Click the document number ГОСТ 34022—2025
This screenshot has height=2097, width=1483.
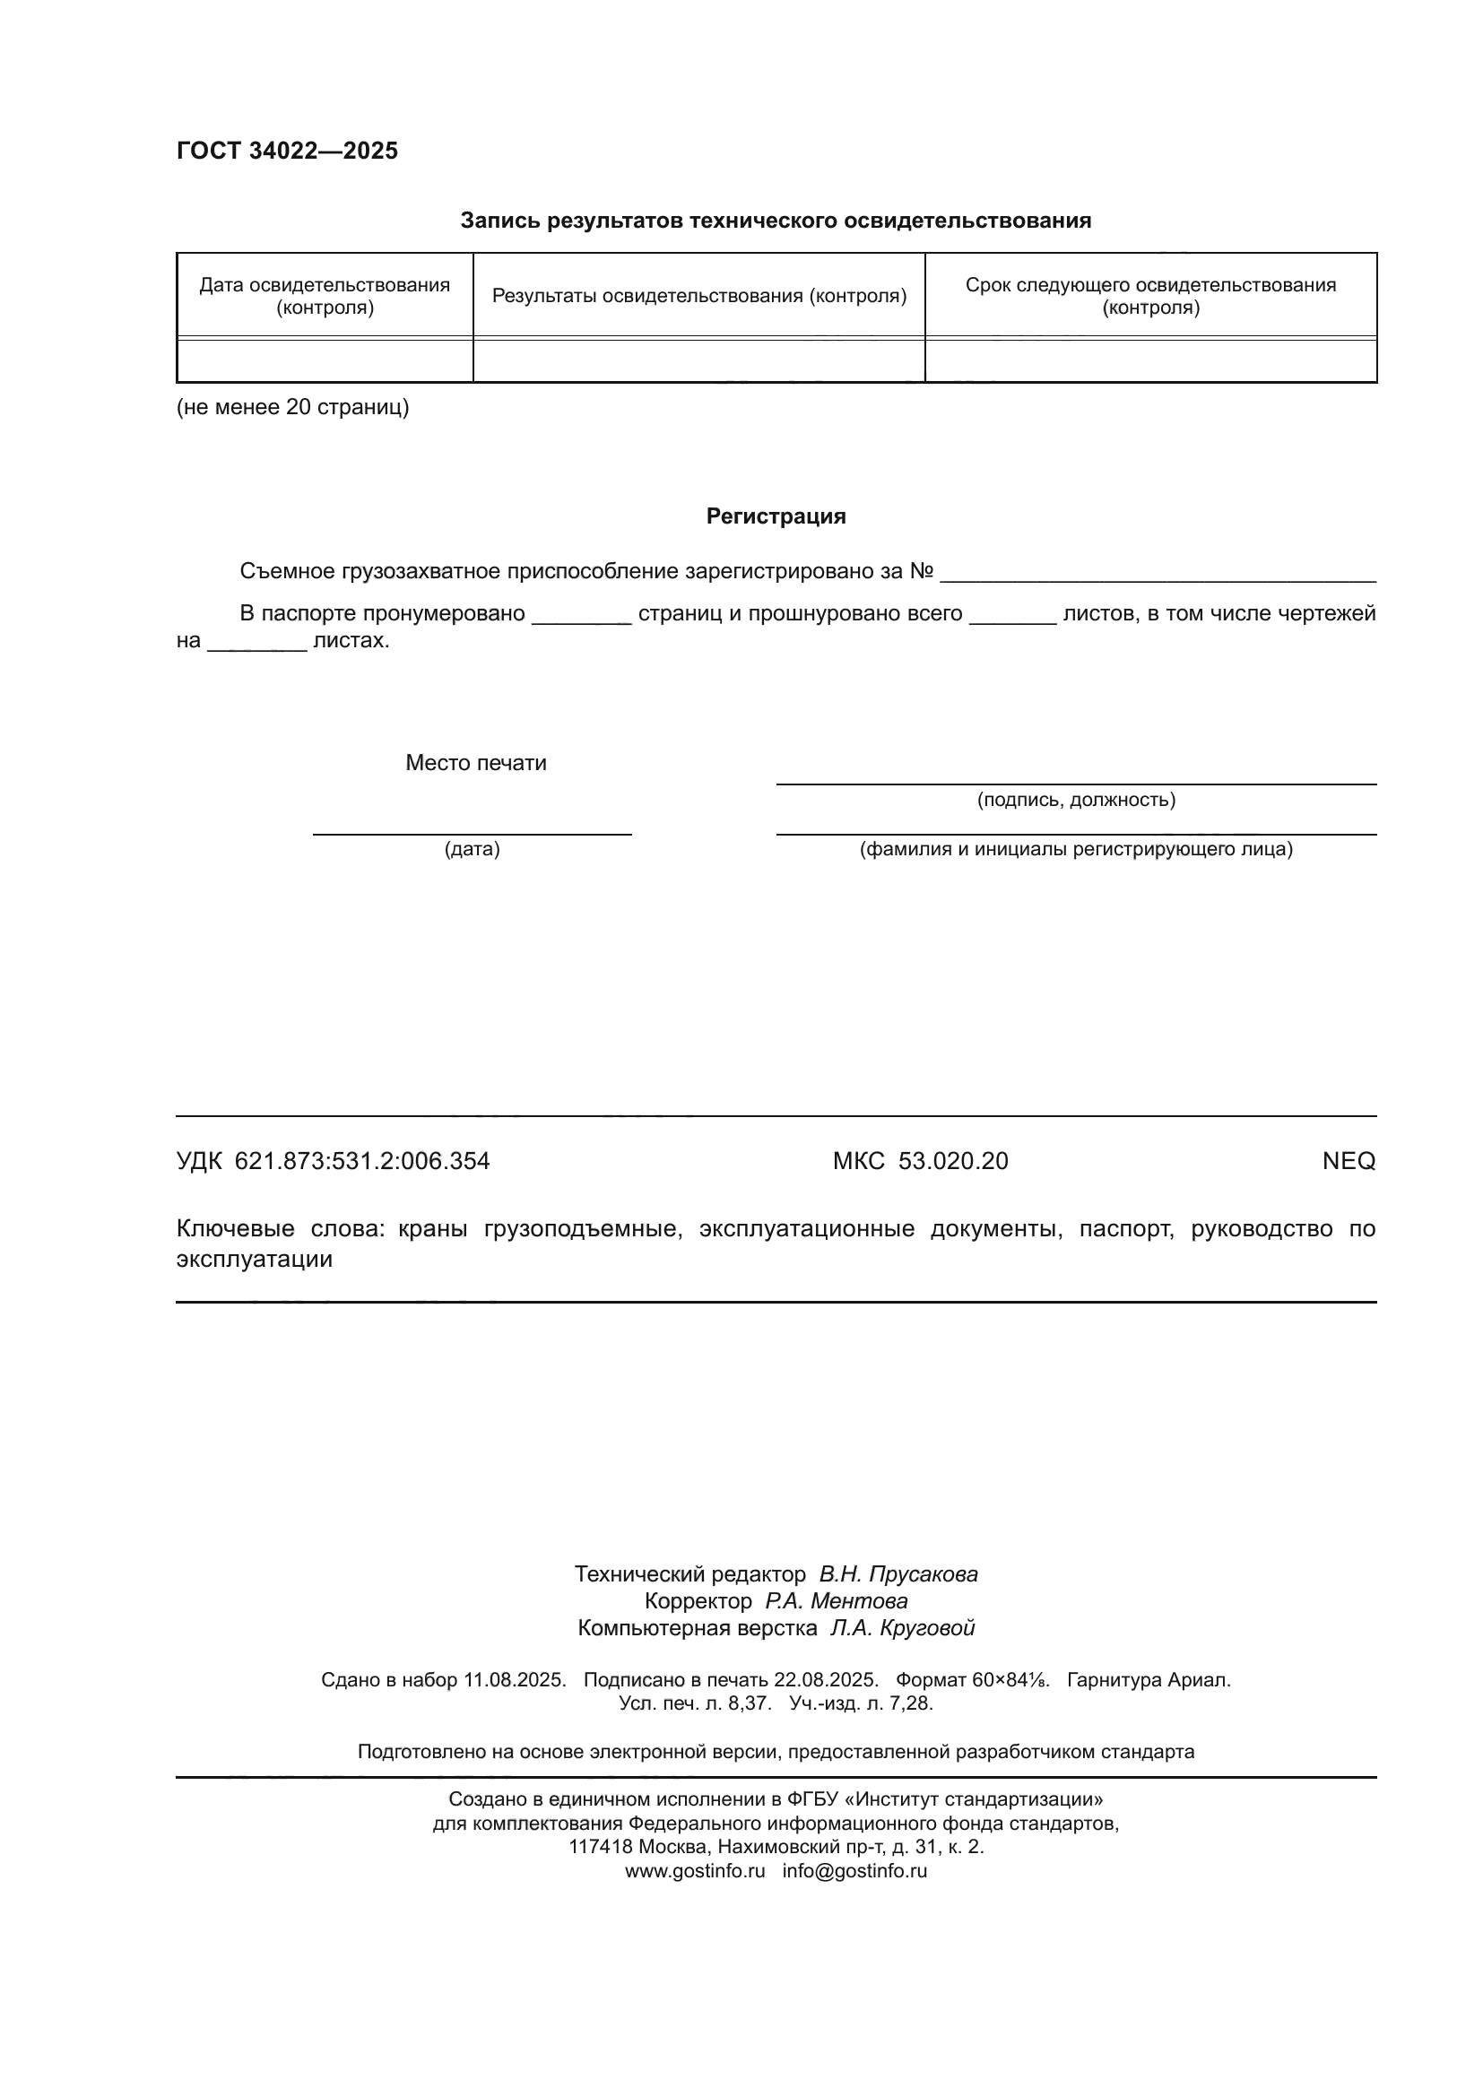tap(287, 151)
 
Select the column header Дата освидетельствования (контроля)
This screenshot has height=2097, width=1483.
tap(325, 296)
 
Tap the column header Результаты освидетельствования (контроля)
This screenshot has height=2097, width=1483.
tap(698, 296)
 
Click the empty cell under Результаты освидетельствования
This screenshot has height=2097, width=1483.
tap(698, 360)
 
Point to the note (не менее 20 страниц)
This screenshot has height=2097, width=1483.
tap(292, 407)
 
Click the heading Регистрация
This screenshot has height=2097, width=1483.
tap(776, 516)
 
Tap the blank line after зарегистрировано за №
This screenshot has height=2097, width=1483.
tap(1157, 573)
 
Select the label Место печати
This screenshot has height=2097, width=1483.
tap(476, 763)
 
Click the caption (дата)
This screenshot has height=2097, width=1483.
tap(473, 849)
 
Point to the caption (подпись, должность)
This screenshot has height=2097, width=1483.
tap(1076, 800)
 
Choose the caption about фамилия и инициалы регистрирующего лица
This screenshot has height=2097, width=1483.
tap(1076, 849)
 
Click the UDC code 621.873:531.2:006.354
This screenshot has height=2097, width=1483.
tap(361, 1161)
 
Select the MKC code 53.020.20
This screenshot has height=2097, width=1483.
tap(952, 1161)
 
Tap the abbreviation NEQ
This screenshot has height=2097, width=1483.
tap(1348, 1161)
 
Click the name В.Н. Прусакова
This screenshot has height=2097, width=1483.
tap(898, 1573)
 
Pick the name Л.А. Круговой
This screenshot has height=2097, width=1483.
tap(901, 1627)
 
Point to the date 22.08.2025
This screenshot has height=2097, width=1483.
tap(826, 1679)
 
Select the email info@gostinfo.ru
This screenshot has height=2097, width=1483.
tap(854, 1870)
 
